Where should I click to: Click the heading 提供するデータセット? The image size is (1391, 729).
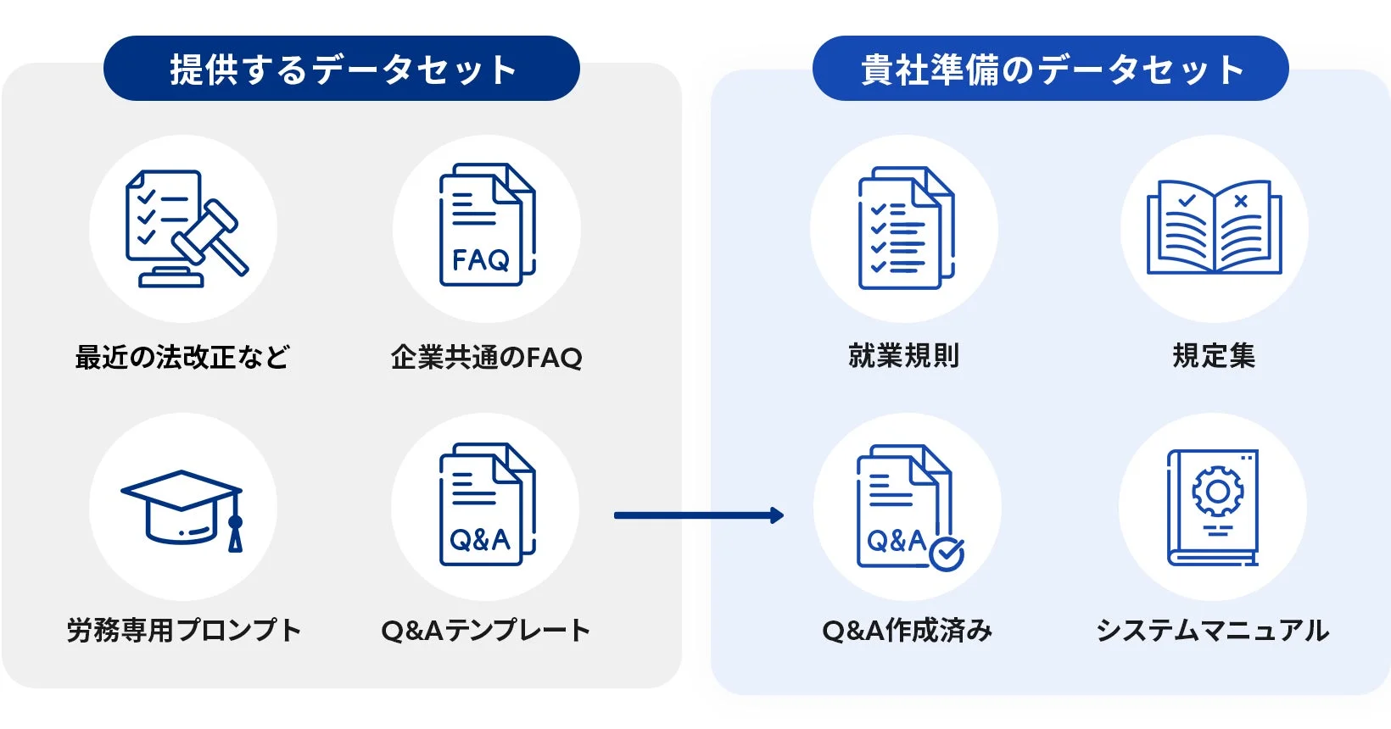[342, 69]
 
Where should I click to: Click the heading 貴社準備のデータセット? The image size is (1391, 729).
[1051, 69]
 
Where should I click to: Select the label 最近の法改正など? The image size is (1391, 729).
[182, 357]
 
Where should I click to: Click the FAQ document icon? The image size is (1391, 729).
[486, 226]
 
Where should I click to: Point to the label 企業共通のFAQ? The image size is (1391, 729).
[486, 357]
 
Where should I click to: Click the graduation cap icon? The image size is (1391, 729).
[182, 508]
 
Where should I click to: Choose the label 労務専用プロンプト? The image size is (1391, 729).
[183, 630]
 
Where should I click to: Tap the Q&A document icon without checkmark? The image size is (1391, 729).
[486, 505]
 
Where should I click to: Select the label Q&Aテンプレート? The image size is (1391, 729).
[485, 630]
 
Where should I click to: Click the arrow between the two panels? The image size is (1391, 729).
[698, 515]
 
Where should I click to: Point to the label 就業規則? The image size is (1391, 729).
[904, 355]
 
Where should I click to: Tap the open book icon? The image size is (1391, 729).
[1214, 227]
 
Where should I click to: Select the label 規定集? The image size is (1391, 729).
[1214, 355]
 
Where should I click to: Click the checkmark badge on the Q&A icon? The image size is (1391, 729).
[947, 554]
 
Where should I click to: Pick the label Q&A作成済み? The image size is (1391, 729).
[907, 630]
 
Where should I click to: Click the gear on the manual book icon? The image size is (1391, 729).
[1217, 492]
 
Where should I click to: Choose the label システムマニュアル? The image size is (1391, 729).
[1212, 630]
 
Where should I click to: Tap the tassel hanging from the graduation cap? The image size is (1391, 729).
[235, 532]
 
